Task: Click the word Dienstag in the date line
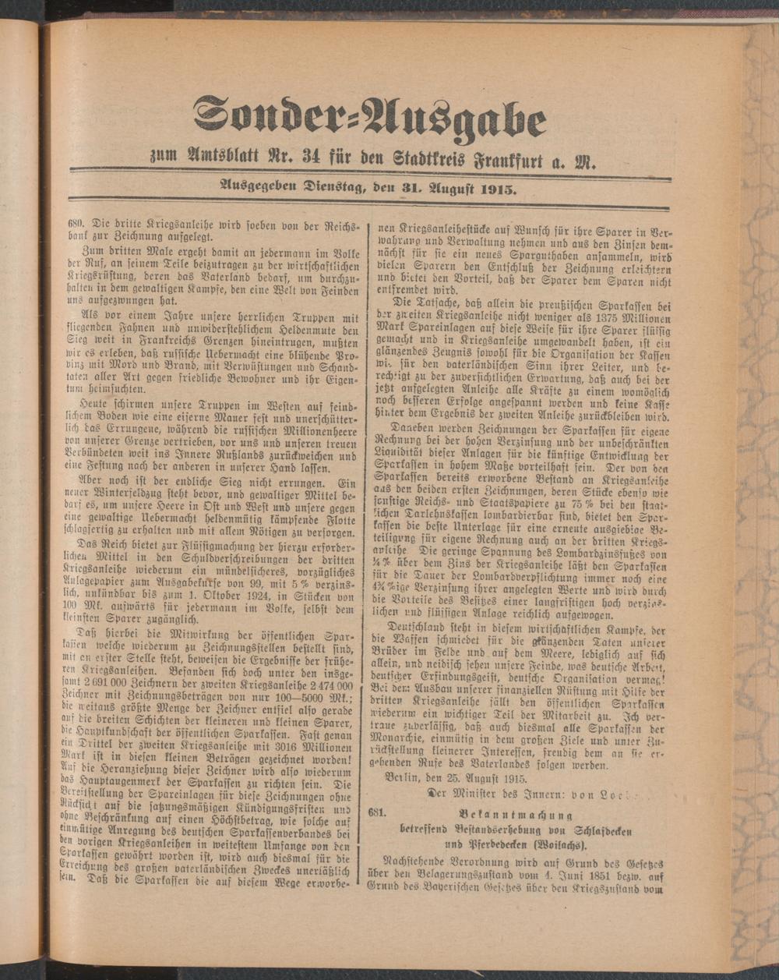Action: pyautogui.click(x=317, y=187)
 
